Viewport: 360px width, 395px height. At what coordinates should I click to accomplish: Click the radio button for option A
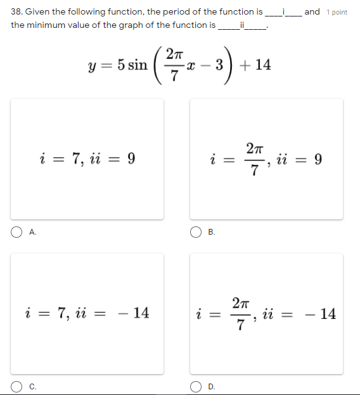click(x=15, y=233)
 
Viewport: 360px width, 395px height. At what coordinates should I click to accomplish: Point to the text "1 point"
click(x=337, y=12)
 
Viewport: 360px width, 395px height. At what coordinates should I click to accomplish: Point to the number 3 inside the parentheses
click(x=220, y=65)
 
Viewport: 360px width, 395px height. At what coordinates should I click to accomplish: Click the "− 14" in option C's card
click(x=134, y=313)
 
